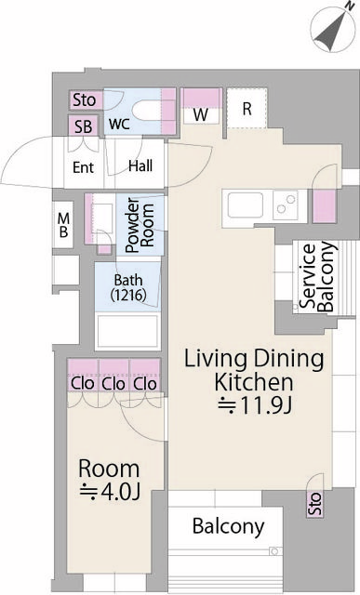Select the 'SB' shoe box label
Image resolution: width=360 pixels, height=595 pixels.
pos(84,126)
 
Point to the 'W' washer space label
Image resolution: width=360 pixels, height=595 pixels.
pos(201,114)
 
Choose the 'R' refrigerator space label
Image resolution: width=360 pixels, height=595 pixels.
pos(247,109)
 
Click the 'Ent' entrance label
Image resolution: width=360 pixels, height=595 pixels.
pos(84,168)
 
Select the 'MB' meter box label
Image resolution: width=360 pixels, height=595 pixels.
pos(63,225)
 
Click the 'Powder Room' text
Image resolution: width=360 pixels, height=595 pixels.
pos(140,224)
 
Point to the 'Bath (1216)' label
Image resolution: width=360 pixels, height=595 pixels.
pos(127,287)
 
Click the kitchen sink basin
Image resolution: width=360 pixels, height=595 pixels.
pos(247,205)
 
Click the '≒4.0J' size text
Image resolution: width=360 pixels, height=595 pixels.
pos(109,492)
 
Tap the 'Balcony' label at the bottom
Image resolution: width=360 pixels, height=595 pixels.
pos(228,526)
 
